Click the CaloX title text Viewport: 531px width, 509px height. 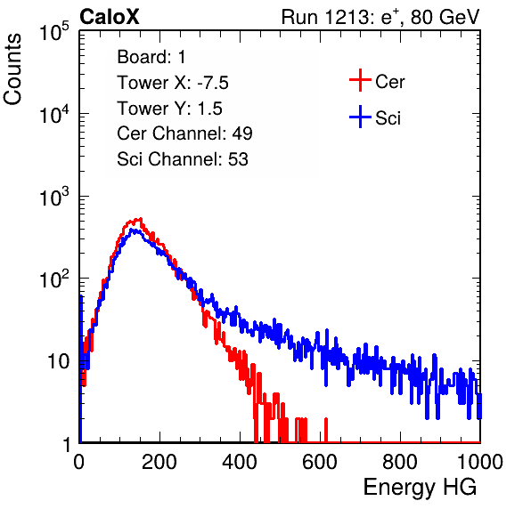pos(109,17)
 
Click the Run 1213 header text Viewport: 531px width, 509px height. pos(380,17)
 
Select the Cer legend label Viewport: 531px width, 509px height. pos(389,82)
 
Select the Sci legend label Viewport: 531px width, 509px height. pos(388,118)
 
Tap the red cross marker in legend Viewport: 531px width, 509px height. pos(360,80)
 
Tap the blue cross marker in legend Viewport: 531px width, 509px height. pos(360,117)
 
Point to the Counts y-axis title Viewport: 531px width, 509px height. pos(12,69)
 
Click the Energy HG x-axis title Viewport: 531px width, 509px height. pos(420,488)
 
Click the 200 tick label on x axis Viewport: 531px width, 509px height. pos(159,462)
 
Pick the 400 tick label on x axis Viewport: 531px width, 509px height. pos(240,462)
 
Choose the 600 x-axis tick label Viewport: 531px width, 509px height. pos(320,462)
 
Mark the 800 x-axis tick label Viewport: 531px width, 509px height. pos(400,462)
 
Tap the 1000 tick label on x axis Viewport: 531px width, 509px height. pos(480,462)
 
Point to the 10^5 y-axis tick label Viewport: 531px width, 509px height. pos(54,32)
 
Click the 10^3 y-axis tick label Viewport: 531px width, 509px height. pos(54,197)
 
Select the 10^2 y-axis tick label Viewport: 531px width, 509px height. pos(54,279)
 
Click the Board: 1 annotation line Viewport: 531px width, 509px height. pos(151,57)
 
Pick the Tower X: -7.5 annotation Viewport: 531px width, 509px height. pos(173,83)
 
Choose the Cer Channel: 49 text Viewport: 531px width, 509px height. pos(184,133)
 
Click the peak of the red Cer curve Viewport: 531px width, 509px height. pos(140,219)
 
